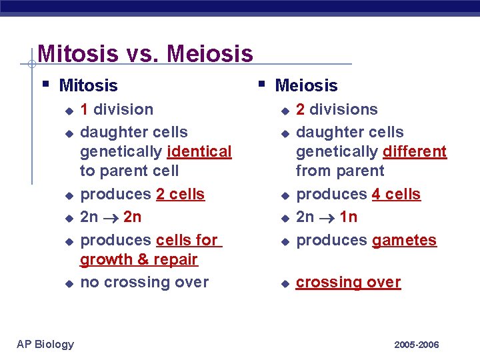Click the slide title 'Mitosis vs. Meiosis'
(145, 53)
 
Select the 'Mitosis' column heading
(88, 85)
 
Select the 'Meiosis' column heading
(306, 85)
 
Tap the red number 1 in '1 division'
(85, 109)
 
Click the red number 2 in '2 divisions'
(301, 109)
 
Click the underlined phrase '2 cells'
(180, 194)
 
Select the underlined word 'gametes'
(404, 240)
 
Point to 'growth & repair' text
(139, 259)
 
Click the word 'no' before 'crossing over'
(89, 282)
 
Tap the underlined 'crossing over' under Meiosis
(348, 282)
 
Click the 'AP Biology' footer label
(45, 344)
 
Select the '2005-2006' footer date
(416, 345)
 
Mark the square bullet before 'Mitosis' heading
(44, 84)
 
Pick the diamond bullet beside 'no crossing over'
(67, 283)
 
